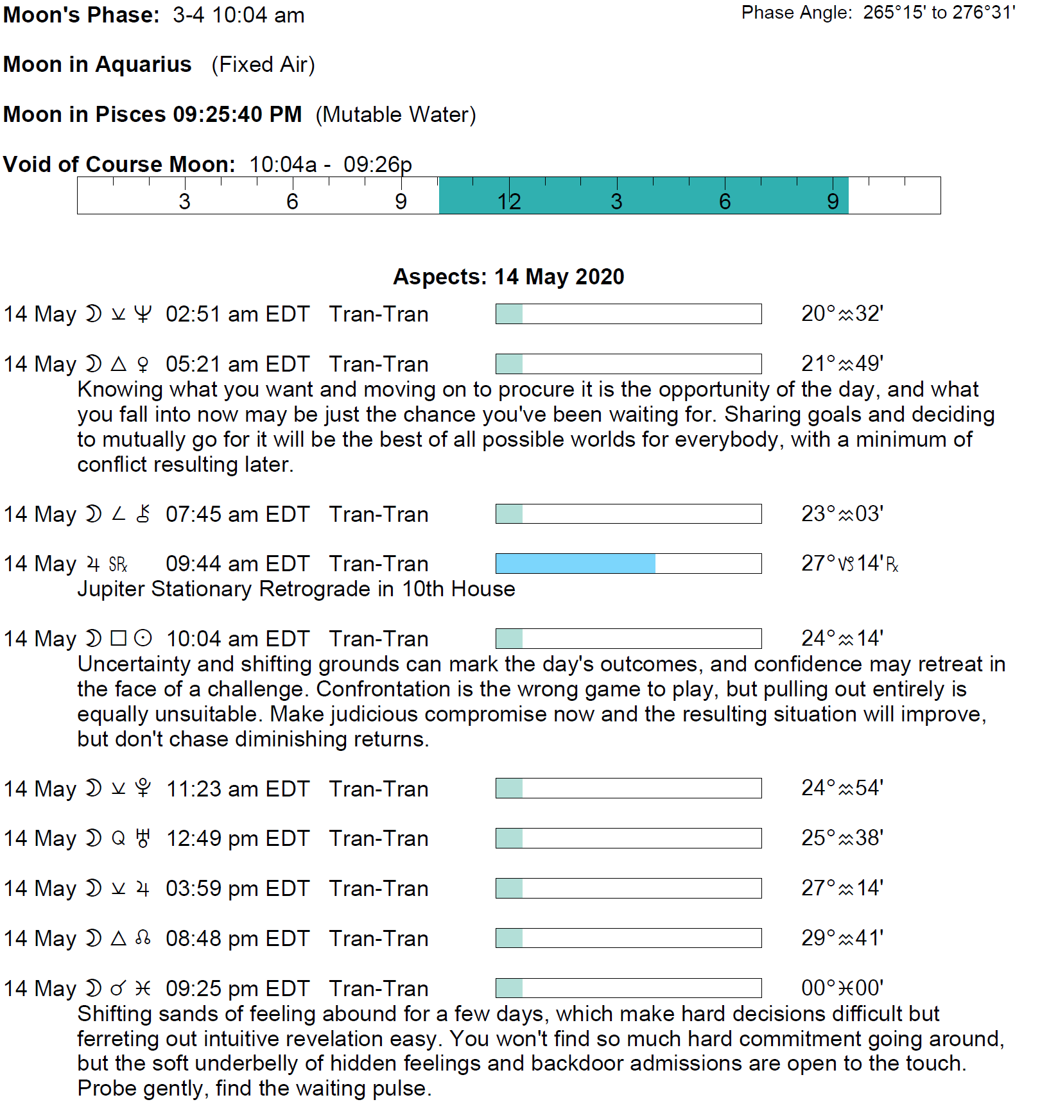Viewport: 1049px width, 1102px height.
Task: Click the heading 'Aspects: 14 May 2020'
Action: [x=508, y=277]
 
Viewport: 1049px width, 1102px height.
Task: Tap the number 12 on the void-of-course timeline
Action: [x=508, y=202]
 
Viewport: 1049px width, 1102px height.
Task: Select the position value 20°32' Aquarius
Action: [x=842, y=313]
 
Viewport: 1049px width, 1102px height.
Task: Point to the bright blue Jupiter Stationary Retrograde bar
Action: [x=575, y=564]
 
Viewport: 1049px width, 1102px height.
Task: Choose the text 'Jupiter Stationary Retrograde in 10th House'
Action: [x=296, y=589]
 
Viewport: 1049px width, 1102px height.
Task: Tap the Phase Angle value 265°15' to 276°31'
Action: [x=939, y=13]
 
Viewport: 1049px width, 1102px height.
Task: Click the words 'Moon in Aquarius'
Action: [x=98, y=64]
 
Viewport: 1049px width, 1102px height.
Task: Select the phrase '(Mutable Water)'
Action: [x=395, y=114]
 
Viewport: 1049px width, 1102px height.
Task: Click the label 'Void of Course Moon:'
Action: [x=119, y=164]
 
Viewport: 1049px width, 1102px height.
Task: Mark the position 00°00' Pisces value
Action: [x=842, y=988]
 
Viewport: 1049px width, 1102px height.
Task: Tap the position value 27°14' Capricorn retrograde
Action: [x=849, y=564]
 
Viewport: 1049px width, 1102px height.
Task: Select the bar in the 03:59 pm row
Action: [x=628, y=888]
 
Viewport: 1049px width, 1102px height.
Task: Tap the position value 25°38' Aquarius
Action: [x=842, y=838]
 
